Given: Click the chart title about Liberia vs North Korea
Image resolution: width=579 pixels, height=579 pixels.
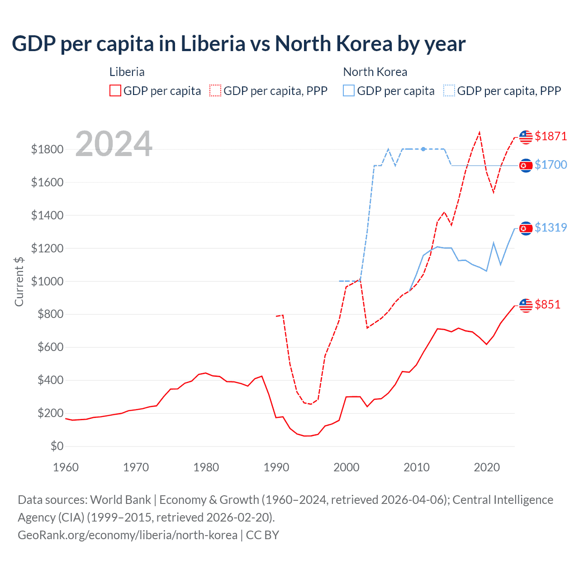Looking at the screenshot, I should coord(238,44).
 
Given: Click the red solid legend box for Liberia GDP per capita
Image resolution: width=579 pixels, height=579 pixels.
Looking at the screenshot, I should coord(115,90).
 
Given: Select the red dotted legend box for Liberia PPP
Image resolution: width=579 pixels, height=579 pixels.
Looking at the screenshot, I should coord(216,90).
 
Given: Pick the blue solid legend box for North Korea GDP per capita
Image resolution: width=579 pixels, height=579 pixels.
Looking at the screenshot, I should coord(349,90).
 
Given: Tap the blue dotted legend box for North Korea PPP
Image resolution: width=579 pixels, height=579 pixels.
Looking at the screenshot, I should coord(449,90).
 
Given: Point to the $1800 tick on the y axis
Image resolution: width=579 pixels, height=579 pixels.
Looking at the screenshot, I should coord(47,149).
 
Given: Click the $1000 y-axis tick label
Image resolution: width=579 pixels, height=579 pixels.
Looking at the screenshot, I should coord(47,281).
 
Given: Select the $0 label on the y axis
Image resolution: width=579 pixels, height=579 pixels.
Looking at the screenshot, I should coord(57,446).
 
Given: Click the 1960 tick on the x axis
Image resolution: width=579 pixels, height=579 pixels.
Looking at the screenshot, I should coord(66,467).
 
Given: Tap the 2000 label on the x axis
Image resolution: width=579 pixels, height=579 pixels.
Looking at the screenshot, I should coord(346,467).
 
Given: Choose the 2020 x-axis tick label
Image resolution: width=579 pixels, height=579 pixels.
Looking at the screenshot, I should coord(487,467).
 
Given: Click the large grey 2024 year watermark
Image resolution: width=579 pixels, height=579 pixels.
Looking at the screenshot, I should coord(114,144).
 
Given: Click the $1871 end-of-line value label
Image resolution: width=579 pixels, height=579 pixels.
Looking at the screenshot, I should coord(551,136).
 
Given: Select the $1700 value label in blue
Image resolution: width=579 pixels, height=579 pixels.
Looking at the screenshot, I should coord(551,165).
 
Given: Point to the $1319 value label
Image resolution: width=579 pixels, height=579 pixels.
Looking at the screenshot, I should coord(551,228).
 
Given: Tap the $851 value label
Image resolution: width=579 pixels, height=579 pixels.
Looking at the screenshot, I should coord(547,304).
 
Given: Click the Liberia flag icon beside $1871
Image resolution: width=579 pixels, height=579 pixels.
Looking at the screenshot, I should coord(526,137).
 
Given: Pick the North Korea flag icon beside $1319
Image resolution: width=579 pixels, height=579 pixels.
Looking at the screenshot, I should coord(526,228).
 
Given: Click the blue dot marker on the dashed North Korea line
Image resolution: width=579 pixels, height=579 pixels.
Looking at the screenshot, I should coord(423,149).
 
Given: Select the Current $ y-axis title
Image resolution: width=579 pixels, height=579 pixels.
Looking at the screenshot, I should coord(19,281).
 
